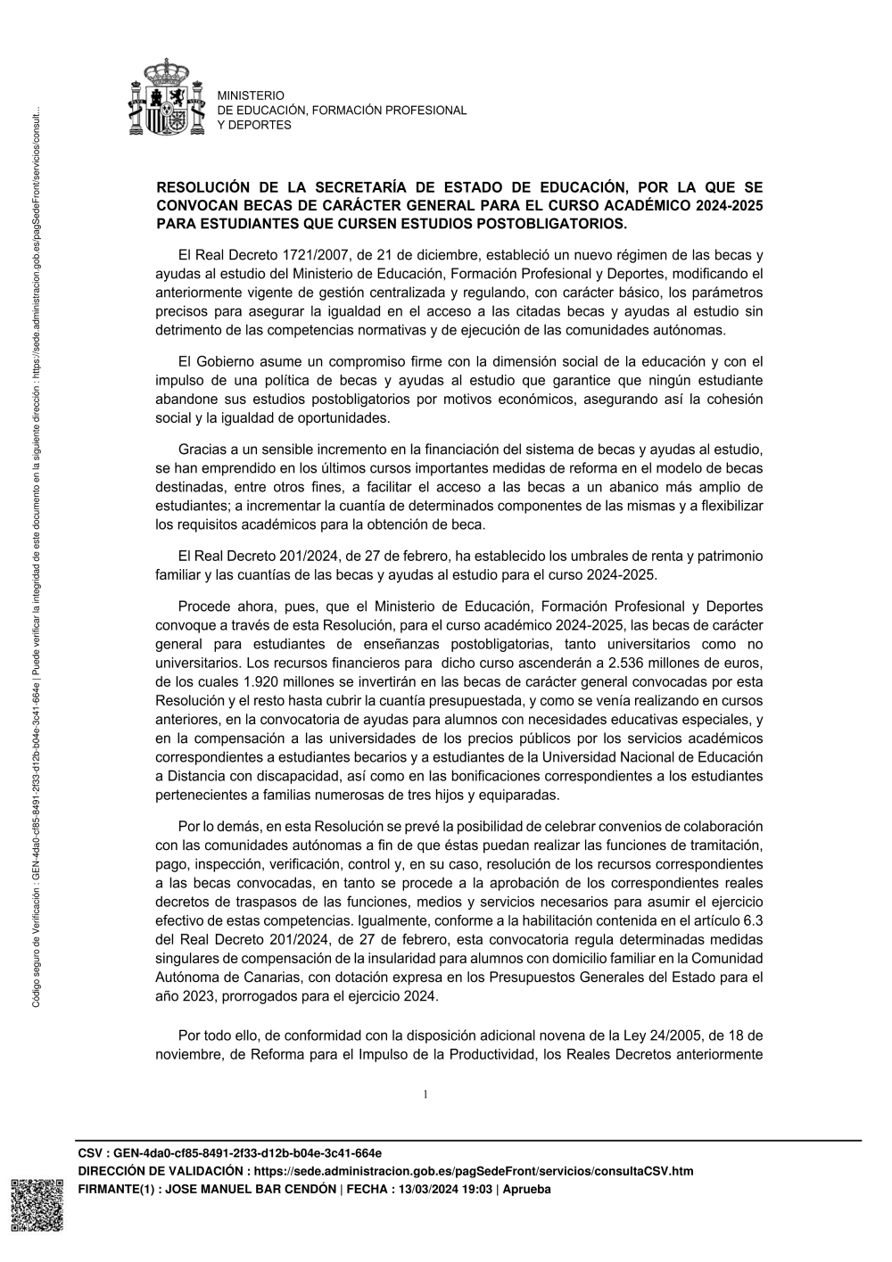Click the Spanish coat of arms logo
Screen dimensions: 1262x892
click(167, 97)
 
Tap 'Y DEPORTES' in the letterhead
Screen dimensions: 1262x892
click(254, 125)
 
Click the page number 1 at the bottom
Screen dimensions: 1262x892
click(425, 1094)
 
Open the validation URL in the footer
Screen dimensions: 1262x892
click(473, 1171)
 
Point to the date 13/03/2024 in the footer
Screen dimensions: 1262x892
click(421, 1190)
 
